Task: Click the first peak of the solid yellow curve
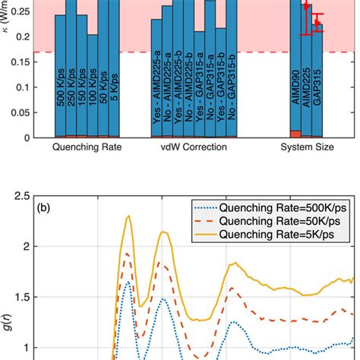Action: [x=129, y=216]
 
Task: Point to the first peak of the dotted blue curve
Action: [x=128, y=283]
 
